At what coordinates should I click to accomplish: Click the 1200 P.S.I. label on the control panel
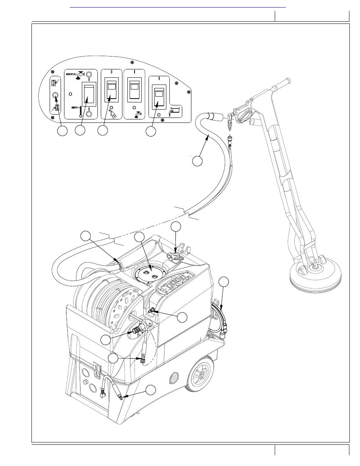pyautogui.click(x=70, y=74)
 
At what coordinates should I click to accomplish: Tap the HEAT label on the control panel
pyautogui.click(x=75, y=108)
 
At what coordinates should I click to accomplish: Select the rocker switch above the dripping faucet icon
pyautogui.click(x=134, y=89)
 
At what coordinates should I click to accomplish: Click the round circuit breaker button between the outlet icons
pyautogui.click(x=55, y=95)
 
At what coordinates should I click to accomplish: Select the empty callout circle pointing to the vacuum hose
pyautogui.click(x=197, y=161)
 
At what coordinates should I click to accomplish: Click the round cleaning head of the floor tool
pyautogui.click(x=315, y=274)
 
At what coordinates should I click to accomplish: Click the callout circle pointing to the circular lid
pyautogui.click(x=139, y=237)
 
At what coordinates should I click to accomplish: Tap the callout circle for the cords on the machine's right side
pyautogui.click(x=224, y=282)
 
